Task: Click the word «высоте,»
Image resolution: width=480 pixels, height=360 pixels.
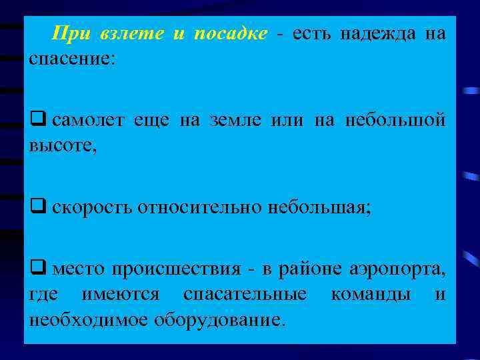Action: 63,145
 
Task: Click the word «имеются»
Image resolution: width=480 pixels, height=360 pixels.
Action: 121,294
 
